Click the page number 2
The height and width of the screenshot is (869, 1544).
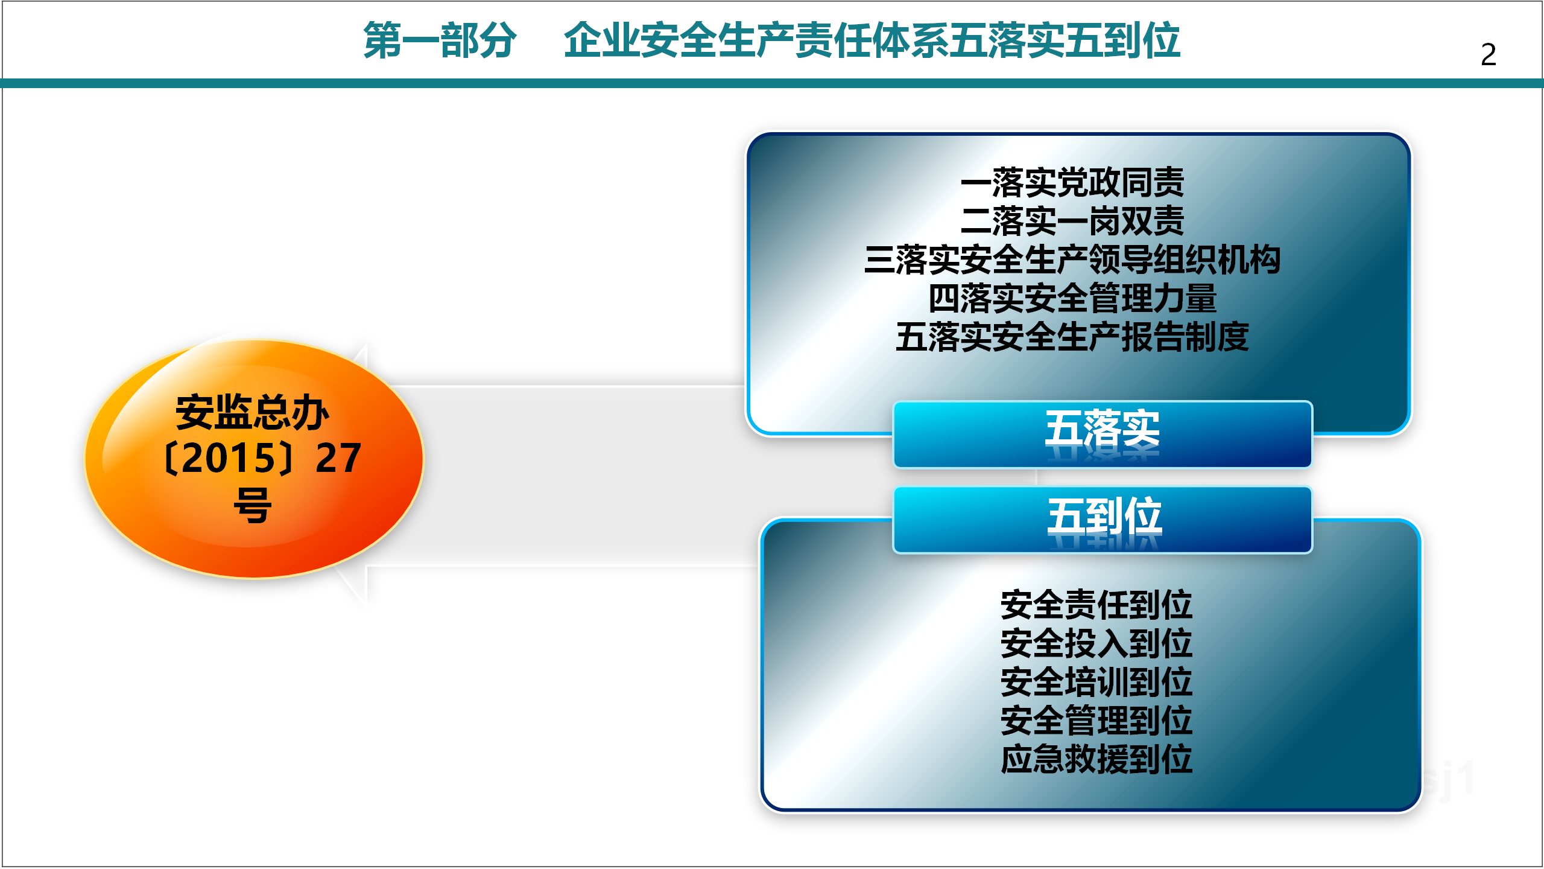pos(1488,54)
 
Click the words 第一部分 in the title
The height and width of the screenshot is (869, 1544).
pos(440,40)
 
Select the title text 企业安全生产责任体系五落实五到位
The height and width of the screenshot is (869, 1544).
pos(872,40)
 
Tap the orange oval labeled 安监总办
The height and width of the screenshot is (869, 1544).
pos(254,459)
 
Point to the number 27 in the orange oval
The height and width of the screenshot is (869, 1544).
pos(338,458)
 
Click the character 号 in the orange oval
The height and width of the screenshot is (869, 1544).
pos(253,505)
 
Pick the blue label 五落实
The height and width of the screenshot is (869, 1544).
pos(1103,434)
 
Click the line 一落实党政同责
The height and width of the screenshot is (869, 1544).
pos(1072,182)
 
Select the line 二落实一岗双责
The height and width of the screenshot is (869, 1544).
pos(1072,221)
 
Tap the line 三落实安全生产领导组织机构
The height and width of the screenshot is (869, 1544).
pos(1072,259)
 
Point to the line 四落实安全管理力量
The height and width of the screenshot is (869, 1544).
pos(1072,298)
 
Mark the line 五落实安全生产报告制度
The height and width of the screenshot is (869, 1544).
pos(1072,337)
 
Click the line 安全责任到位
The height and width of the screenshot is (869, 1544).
pos(1096,605)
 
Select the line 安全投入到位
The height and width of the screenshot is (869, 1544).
pos(1096,643)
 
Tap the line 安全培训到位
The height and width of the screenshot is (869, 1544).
pos(1096,682)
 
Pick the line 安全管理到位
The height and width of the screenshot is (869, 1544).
pos(1096,721)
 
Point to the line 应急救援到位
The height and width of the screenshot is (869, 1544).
pos(1096,759)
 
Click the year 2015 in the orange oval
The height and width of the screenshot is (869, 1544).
pos(229,458)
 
